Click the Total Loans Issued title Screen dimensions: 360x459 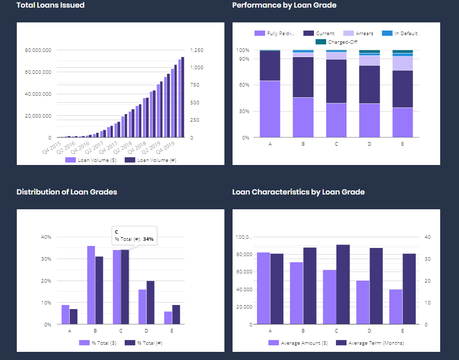click(x=50, y=5)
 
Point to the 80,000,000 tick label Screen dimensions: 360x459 click(x=38, y=50)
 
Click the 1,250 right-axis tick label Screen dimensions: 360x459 click(x=196, y=50)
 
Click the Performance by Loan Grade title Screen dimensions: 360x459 click(x=284, y=5)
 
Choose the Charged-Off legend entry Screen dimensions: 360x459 click(x=341, y=42)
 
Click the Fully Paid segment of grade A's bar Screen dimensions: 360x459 click(x=270, y=109)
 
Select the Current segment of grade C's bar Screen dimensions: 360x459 click(x=336, y=81)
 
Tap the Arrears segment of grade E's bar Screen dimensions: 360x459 click(x=402, y=63)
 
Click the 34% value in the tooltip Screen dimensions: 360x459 click(x=148, y=239)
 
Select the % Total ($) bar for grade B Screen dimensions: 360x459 click(x=91, y=285)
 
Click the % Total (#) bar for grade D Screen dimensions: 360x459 click(x=150, y=302)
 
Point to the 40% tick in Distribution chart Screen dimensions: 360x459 click(x=46, y=237)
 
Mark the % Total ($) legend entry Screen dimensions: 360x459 click(x=101, y=343)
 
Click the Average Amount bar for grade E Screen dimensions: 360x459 click(x=395, y=307)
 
